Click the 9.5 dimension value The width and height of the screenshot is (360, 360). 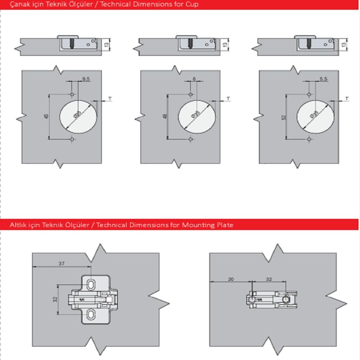click(x=85, y=79)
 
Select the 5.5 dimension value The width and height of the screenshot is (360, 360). click(x=323, y=79)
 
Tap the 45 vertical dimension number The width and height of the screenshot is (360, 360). click(x=45, y=117)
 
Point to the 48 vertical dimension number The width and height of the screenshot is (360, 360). click(x=164, y=117)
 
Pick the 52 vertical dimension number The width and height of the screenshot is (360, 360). click(x=283, y=117)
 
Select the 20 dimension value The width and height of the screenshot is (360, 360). click(x=231, y=279)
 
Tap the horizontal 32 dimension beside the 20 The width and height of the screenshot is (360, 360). click(x=269, y=279)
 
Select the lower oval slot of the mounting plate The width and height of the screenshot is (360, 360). click(x=91, y=315)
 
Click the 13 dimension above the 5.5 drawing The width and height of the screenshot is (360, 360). click(x=344, y=44)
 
